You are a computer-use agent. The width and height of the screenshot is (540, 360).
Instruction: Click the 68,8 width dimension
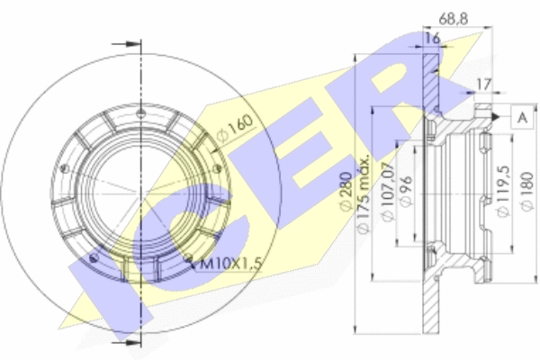(454, 19)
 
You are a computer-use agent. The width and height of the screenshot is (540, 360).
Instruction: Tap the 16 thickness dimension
(432, 38)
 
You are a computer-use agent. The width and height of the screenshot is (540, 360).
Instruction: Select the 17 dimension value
(484, 85)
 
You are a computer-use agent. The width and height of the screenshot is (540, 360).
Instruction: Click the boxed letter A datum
(523, 118)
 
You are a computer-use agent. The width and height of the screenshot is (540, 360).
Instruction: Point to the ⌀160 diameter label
(235, 128)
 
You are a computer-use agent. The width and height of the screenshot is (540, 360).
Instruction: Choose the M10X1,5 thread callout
(230, 264)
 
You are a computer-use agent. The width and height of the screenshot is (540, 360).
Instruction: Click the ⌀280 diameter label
(346, 191)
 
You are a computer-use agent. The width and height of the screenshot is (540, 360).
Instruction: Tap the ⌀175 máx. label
(364, 194)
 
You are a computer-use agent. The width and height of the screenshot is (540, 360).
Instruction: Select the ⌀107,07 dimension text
(389, 192)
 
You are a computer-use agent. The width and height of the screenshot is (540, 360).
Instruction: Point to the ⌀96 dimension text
(407, 191)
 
